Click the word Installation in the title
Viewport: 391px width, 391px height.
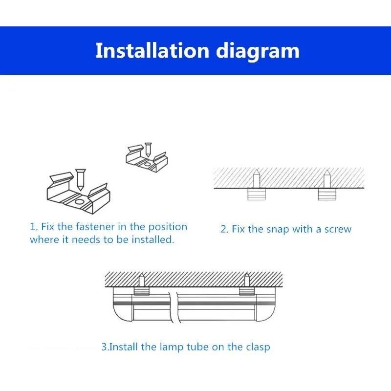[152, 50]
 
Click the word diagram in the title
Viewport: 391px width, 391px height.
[258, 52]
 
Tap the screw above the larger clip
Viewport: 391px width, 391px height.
[80, 179]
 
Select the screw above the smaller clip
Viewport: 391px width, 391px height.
[148, 150]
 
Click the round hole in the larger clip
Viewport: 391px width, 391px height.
[80, 202]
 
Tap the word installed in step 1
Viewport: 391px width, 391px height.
[152, 239]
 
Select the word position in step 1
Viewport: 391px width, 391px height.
[168, 227]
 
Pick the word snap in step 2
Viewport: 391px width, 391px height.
[278, 230]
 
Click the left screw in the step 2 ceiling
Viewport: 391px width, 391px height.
[257, 178]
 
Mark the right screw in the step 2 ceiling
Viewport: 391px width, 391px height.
[327, 179]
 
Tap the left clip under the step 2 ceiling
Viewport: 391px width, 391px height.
[257, 194]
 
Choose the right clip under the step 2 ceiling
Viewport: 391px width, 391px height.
[327, 194]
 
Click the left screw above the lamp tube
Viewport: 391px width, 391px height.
[142, 280]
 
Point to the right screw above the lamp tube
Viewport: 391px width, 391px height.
[247, 280]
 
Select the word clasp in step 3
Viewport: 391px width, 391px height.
[258, 348]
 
